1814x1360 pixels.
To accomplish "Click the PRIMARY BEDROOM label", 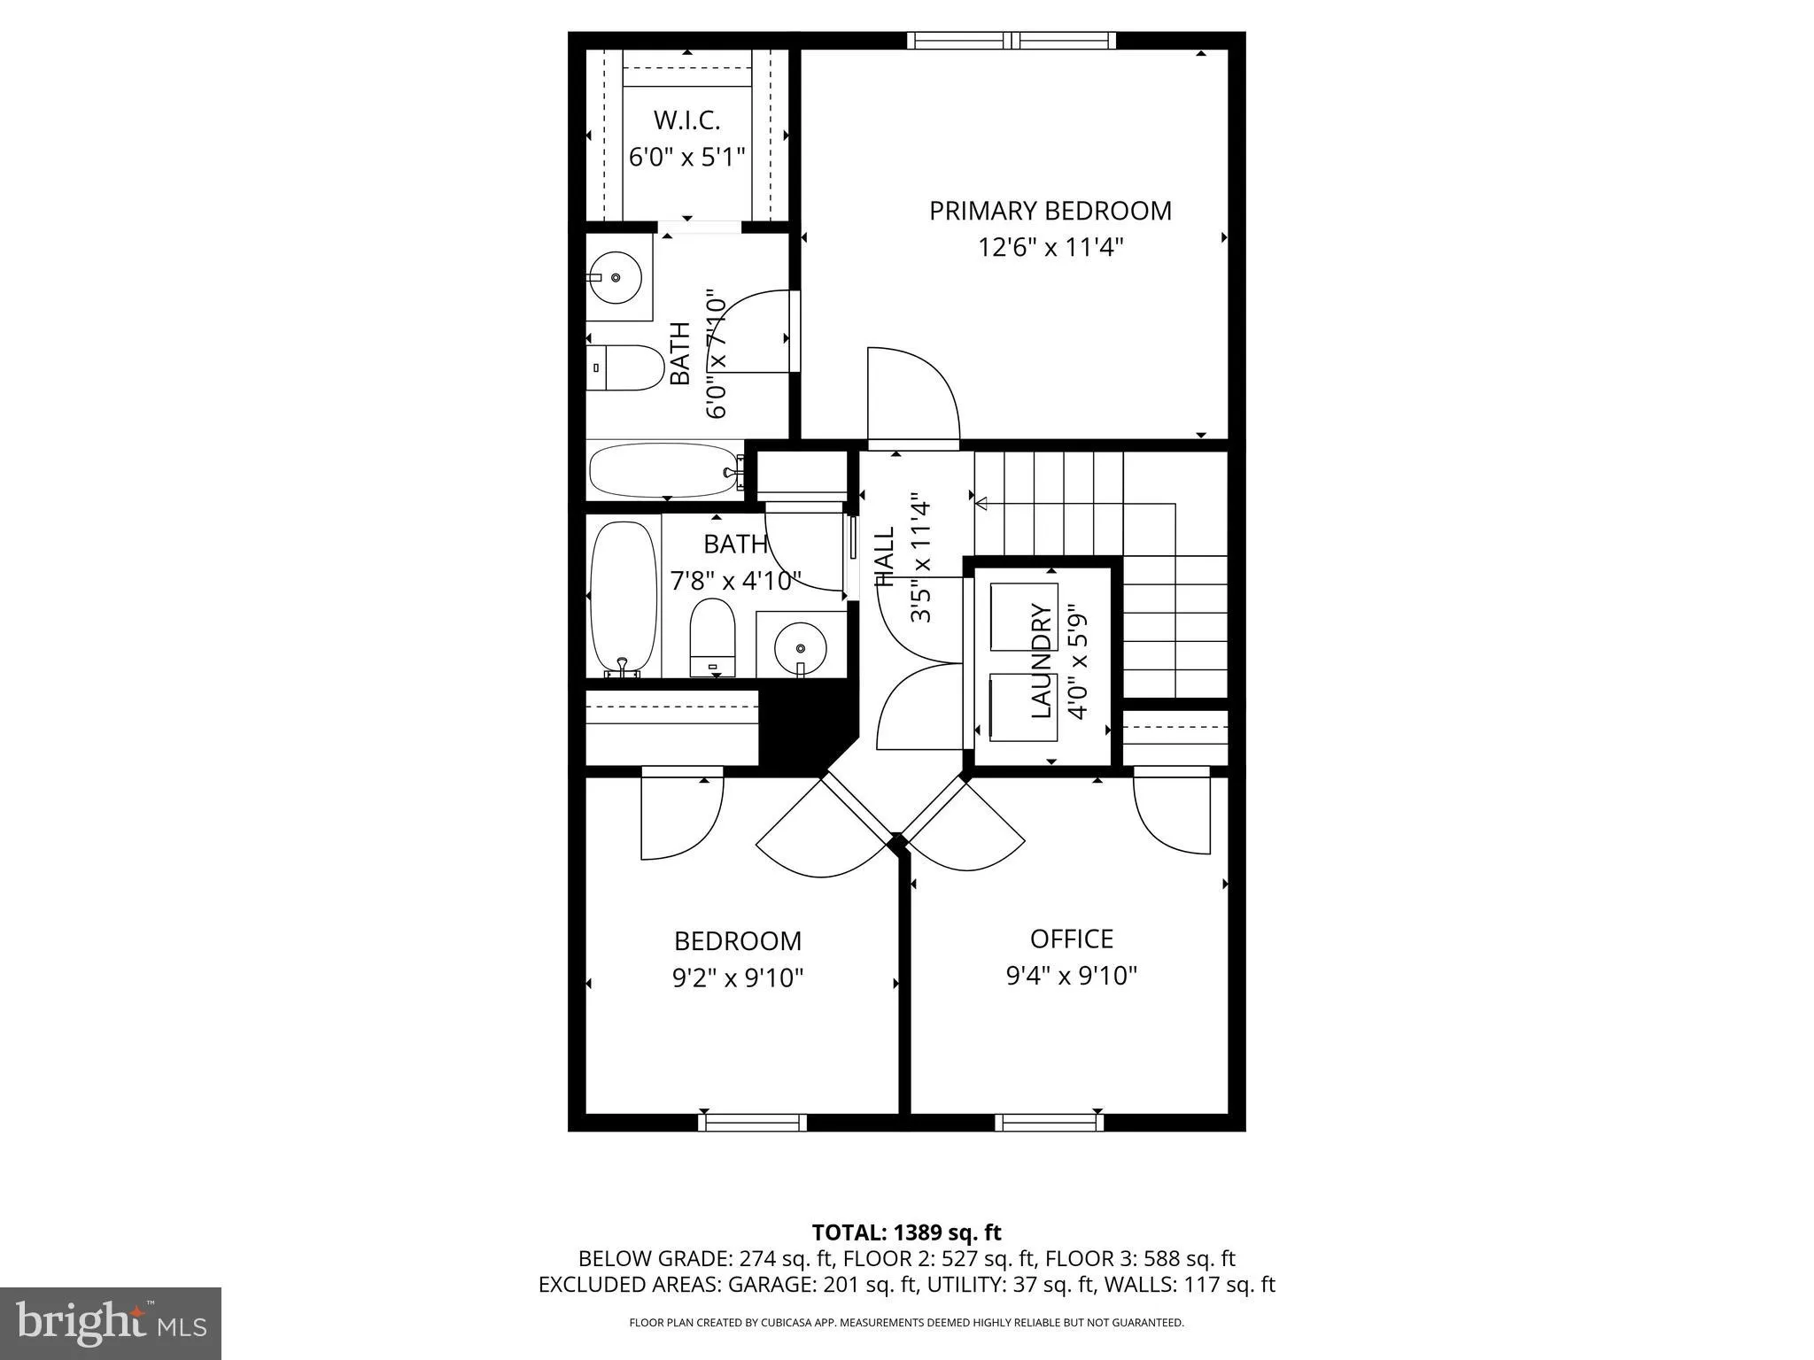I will pyautogui.click(x=1050, y=211).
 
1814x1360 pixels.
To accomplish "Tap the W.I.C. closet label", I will pyautogui.click(x=686, y=120).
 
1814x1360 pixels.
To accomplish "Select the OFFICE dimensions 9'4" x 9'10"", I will pyautogui.click(x=1071, y=976).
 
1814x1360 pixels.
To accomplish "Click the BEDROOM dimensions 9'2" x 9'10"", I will pyautogui.click(x=738, y=978).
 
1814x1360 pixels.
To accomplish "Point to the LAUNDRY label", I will pyautogui.click(x=1042, y=661).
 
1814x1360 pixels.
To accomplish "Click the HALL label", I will pyautogui.click(x=885, y=557).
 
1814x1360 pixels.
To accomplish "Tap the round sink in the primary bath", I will pyautogui.click(x=616, y=276).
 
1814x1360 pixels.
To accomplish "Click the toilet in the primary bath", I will pyautogui.click(x=626, y=367).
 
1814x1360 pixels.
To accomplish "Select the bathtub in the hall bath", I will pyautogui.click(x=623, y=598).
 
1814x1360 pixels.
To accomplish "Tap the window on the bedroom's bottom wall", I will pyautogui.click(x=752, y=1122).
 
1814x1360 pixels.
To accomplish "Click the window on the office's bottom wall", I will pyautogui.click(x=1049, y=1122).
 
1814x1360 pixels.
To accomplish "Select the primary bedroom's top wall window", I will pyautogui.click(x=1011, y=40).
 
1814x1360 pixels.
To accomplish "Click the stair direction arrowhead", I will pyautogui.click(x=981, y=504).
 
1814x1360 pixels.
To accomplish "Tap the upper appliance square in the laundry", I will pyautogui.click(x=1023, y=617).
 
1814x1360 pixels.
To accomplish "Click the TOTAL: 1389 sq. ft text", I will pyautogui.click(x=906, y=1232).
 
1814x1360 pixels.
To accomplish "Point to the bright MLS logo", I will pyautogui.click(x=111, y=1323).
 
